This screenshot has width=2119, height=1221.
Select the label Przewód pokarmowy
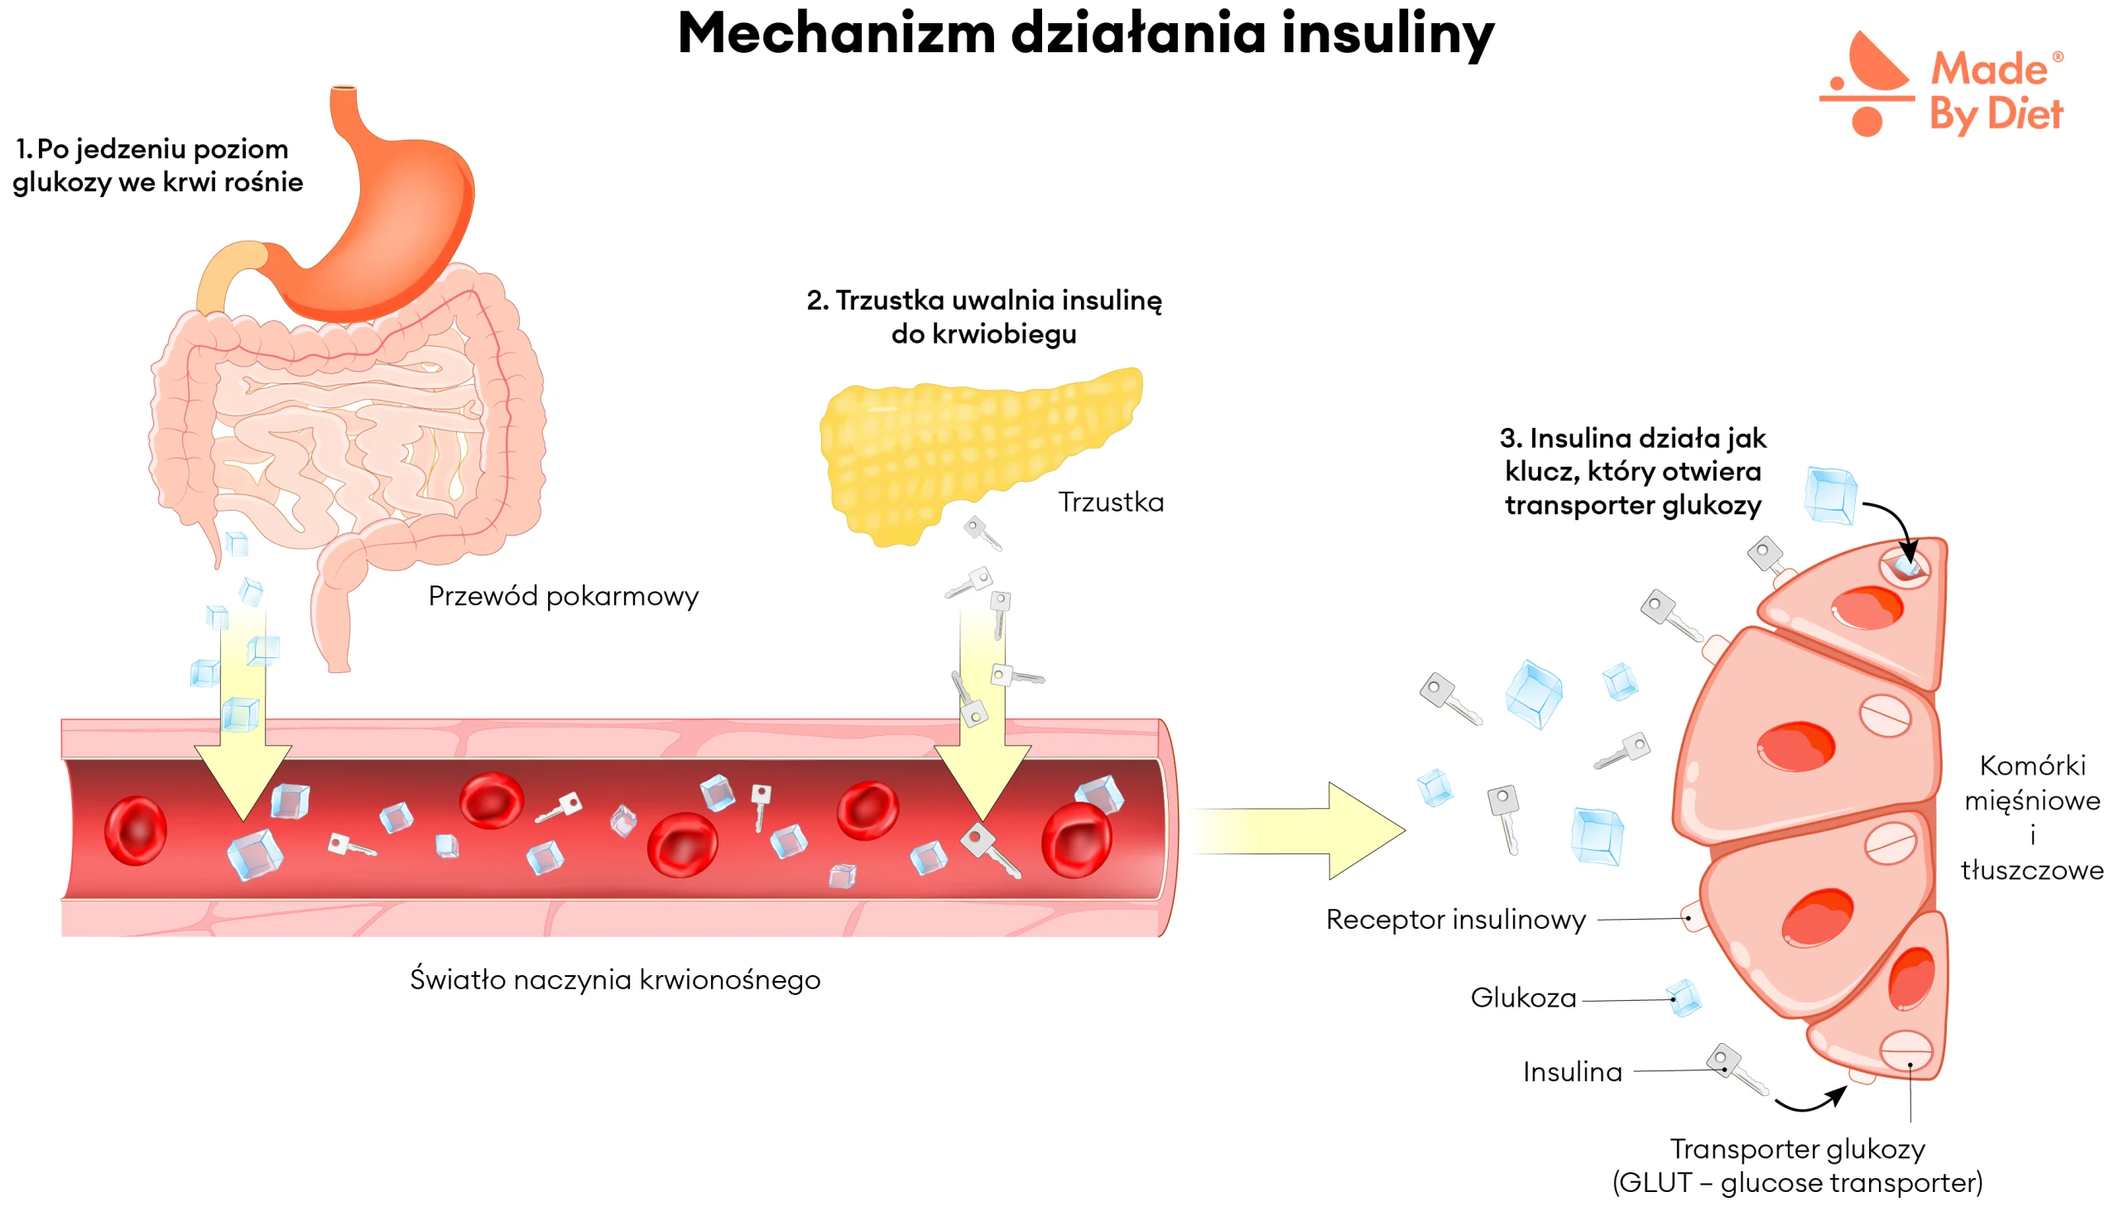(563, 596)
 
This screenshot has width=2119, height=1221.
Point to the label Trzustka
(1110, 502)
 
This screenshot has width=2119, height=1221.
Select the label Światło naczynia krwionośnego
(615, 979)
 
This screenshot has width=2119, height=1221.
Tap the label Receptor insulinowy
(1455, 919)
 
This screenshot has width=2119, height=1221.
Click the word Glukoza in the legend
(1523, 998)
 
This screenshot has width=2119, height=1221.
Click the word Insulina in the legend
(1571, 1072)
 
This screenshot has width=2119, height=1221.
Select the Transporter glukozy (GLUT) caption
(1796, 1166)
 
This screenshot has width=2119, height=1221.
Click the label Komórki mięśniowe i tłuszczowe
(2031, 818)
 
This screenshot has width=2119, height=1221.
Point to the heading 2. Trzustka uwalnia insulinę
(983, 317)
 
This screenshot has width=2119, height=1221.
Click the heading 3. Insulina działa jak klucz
(1631, 471)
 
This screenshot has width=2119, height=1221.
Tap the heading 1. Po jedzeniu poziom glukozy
(157, 166)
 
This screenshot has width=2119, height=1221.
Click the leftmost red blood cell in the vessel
(135, 830)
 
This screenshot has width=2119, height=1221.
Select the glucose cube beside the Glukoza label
(1683, 998)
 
